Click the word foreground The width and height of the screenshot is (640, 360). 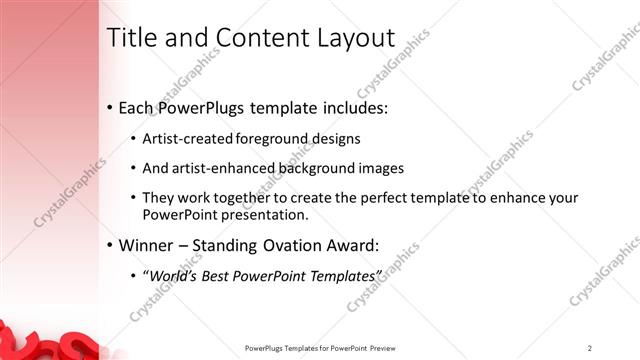[276, 138]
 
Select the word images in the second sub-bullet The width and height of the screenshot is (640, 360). [381, 168]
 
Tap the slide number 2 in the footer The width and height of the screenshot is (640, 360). [590, 347]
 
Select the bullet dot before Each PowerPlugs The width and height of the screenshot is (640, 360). [109, 108]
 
